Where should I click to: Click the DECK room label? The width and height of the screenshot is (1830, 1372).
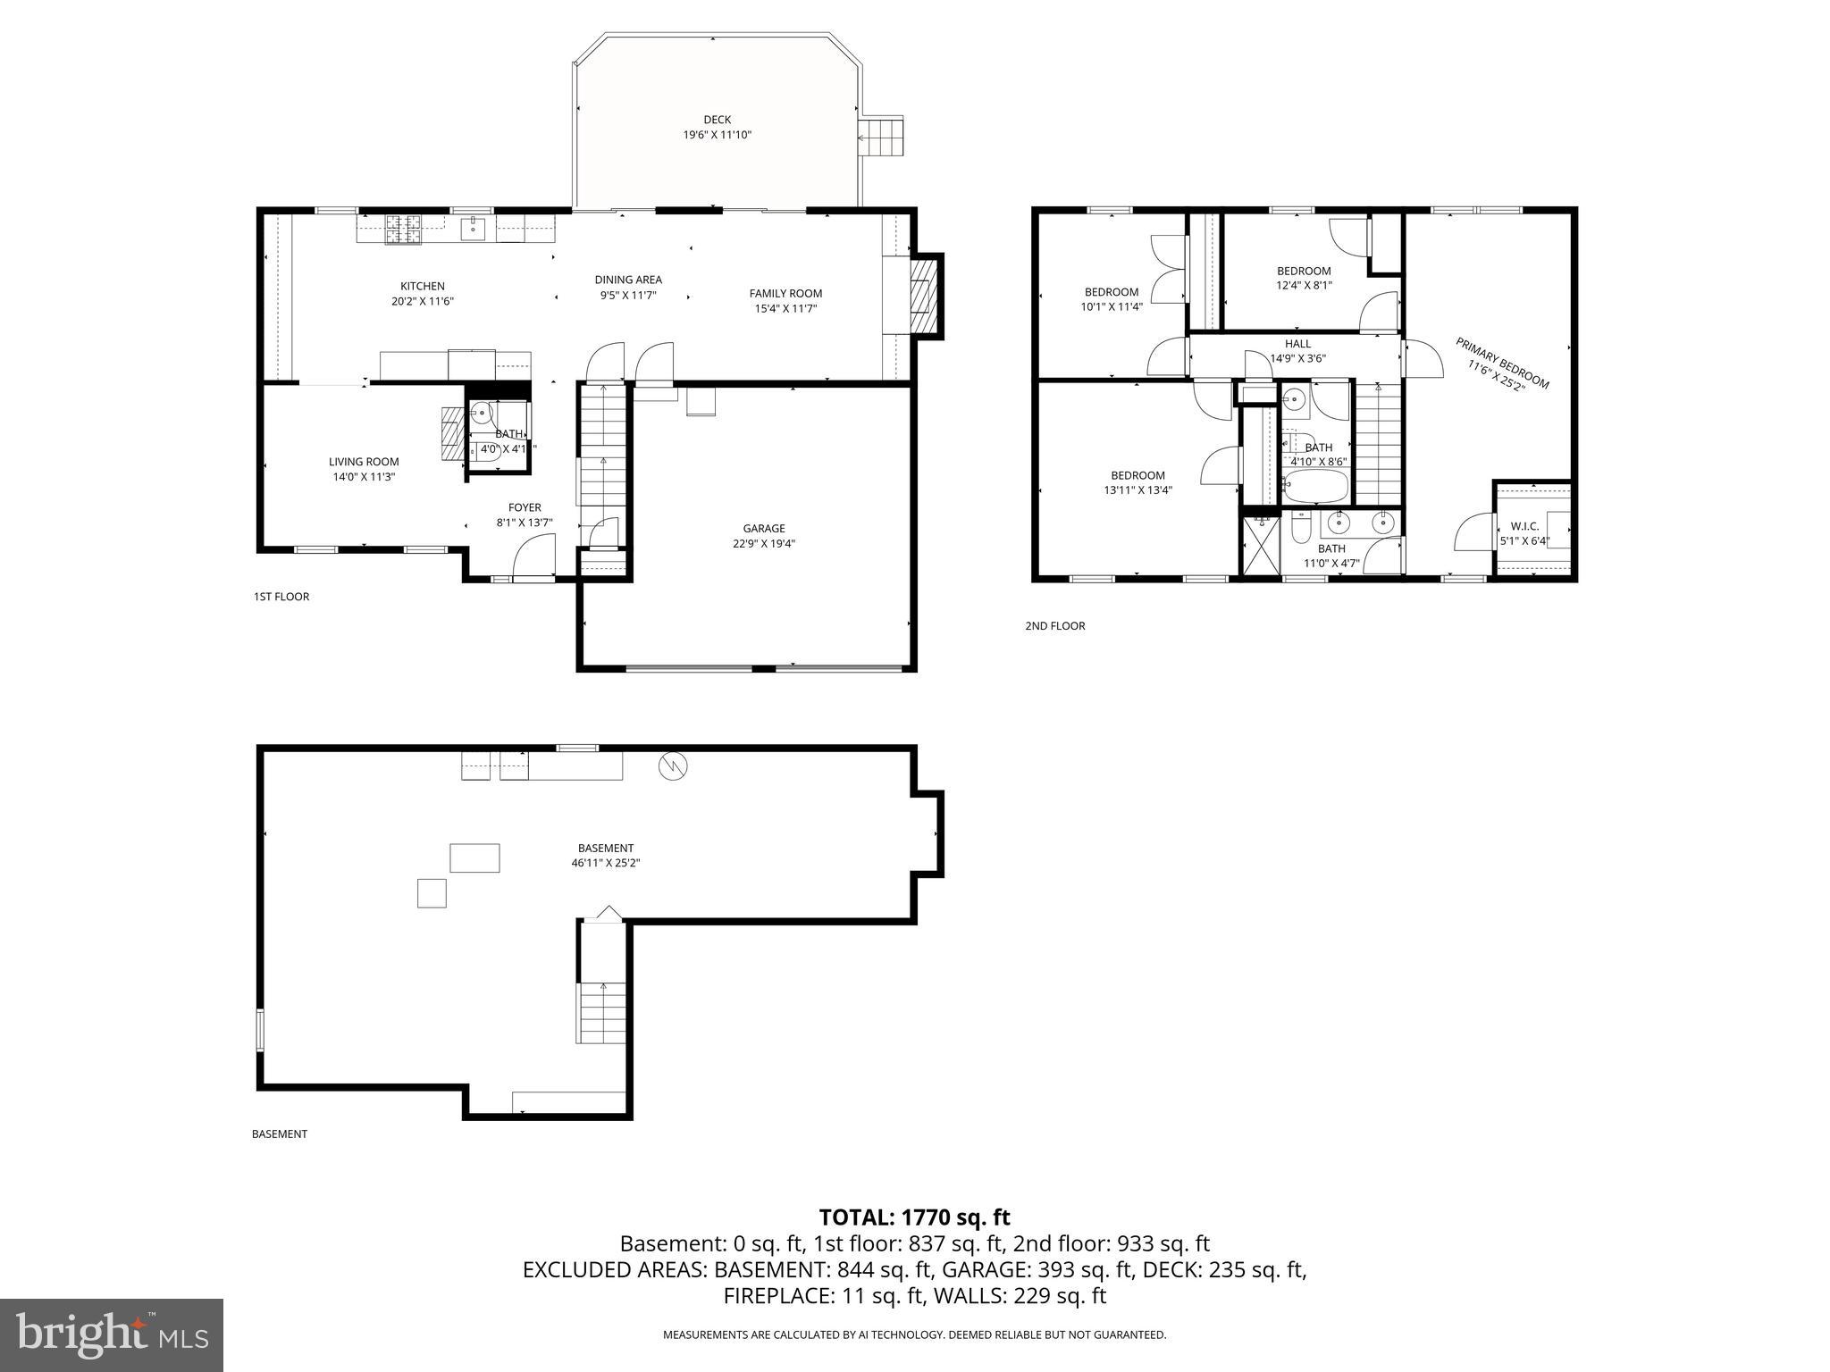point(717,120)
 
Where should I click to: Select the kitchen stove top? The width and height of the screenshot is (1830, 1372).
point(402,229)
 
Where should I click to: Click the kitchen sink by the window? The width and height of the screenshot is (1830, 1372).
point(473,229)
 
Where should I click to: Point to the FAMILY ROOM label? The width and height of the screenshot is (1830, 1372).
point(785,293)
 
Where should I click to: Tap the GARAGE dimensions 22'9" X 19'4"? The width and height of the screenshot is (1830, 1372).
point(764,543)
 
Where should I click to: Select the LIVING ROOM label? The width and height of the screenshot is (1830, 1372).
point(364,462)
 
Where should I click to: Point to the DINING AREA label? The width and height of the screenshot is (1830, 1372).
point(628,280)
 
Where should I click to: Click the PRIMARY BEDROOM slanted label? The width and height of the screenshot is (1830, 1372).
point(1501,364)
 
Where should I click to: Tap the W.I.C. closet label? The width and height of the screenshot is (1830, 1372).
point(1524,527)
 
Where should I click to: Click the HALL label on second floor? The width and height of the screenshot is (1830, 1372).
point(1297,344)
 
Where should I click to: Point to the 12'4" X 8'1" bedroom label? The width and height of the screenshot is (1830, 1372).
point(1304,286)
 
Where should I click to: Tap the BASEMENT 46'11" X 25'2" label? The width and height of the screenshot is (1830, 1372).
point(606,856)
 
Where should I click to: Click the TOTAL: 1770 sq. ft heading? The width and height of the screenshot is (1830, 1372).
point(914,1217)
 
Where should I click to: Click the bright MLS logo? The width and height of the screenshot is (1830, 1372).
point(112,1335)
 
